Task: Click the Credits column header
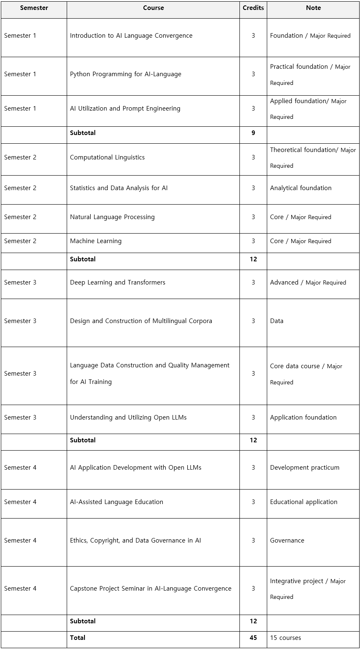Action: point(253,8)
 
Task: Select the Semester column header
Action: point(34,8)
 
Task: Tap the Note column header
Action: point(313,8)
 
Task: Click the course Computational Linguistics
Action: point(107,157)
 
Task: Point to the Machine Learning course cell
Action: point(96,241)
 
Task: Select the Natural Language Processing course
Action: point(112,217)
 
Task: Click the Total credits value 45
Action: point(253,637)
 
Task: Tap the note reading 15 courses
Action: point(285,637)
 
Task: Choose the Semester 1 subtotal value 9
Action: point(253,133)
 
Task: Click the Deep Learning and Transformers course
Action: point(118,282)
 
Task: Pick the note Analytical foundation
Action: point(301,188)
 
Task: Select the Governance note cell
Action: point(287,540)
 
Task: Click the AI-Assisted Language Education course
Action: point(116,502)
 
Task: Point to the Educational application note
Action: point(304,502)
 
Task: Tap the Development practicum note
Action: point(304,468)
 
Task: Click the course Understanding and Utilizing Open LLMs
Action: point(128,417)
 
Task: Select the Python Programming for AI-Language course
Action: point(126,74)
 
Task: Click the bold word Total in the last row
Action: point(77,637)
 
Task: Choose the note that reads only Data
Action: point(277,321)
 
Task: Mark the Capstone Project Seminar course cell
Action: point(150,589)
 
